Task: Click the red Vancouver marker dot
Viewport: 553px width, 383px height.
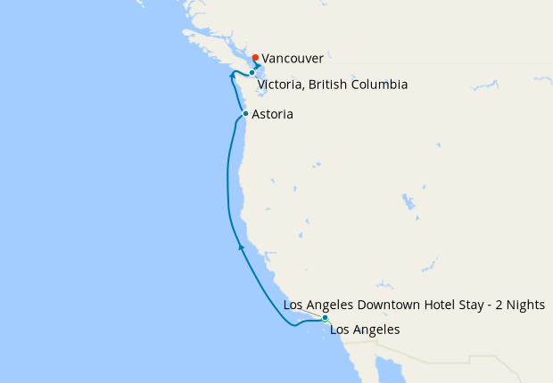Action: click(255, 58)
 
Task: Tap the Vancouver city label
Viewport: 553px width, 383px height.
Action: click(293, 58)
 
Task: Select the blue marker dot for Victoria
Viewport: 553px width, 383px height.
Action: click(252, 73)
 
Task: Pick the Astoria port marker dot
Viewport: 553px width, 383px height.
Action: click(245, 114)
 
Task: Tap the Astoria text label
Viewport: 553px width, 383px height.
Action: click(272, 115)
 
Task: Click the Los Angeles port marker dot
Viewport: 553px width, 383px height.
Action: click(326, 318)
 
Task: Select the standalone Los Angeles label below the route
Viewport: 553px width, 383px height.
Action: click(365, 330)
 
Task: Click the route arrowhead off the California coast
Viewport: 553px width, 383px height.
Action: click(240, 247)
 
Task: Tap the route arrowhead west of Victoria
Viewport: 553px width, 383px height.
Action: click(232, 76)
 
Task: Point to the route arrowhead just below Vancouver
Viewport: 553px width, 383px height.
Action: click(258, 66)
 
